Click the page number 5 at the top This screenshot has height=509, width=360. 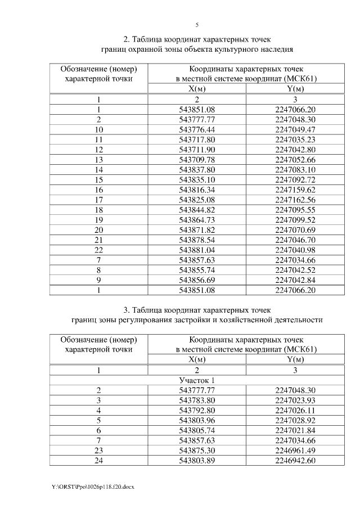197,25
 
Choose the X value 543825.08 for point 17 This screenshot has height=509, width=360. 197,200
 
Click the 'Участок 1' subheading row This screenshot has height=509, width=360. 197,380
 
